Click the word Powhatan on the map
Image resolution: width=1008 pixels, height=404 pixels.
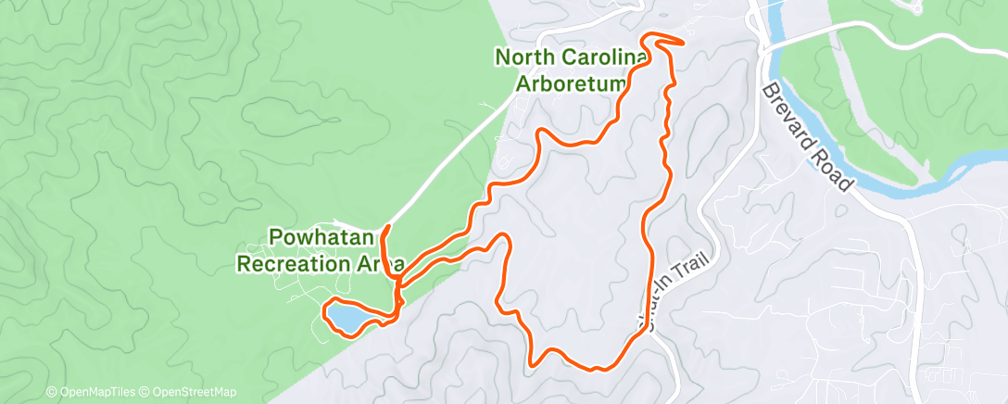click(315, 236)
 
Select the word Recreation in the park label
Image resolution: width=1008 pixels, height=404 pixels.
click(287, 263)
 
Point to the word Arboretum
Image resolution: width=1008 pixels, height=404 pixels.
click(573, 85)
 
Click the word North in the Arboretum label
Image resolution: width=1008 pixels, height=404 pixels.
click(525, 57)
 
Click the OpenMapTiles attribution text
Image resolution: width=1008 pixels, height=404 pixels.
click(94, 392)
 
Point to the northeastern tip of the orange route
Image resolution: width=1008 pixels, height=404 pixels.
click(683, 41)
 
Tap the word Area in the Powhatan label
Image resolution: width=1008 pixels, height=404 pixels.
click(375, 263)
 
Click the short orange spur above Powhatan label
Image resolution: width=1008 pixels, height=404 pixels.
click(384, 237)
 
